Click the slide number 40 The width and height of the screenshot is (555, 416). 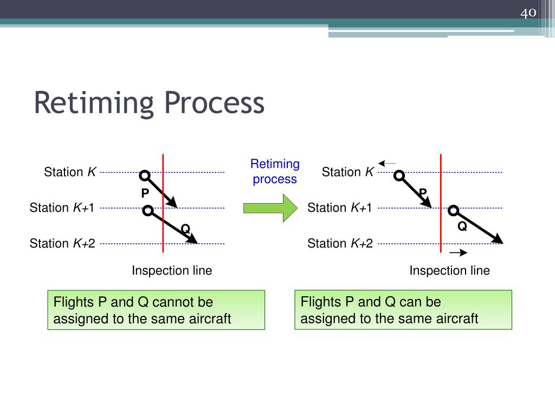528,12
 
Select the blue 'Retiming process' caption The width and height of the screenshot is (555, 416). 275,171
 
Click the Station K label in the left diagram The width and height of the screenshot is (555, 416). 70,172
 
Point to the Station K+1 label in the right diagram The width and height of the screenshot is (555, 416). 340,208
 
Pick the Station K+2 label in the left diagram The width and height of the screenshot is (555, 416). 62,244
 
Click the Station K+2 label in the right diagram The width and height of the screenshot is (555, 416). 340,244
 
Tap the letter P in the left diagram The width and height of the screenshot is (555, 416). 145,193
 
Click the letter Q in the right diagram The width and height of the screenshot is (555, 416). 462,226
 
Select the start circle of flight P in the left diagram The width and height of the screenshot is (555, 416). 144,175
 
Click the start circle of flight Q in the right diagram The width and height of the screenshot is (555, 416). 454,211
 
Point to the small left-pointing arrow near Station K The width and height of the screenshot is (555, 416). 388,163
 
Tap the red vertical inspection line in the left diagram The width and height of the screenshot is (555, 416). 163,227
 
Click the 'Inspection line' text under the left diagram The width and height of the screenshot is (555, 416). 172,271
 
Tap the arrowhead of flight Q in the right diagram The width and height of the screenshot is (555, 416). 498,240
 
